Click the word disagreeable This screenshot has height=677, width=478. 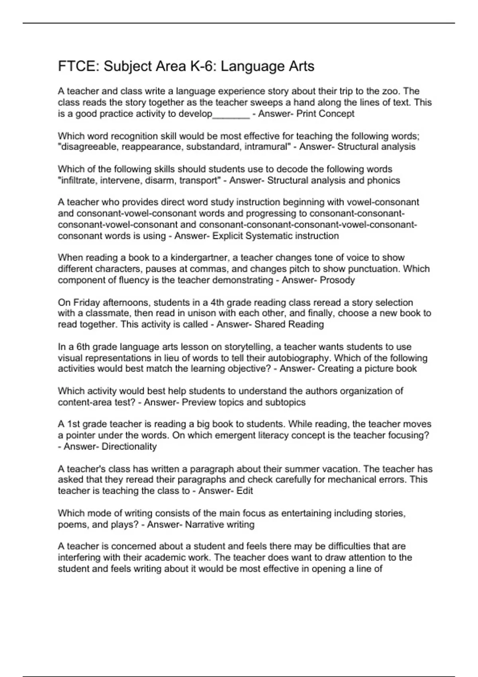[x=88, y=147]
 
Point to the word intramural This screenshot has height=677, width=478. [x=267, y=147]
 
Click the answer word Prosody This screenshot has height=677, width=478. [x=337, y=280]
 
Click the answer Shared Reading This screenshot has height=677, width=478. [x=289, y=324]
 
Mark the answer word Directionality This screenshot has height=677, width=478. [x=129, y=446]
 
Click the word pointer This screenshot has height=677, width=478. [x=80, y=435]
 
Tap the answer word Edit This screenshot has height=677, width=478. [x=245, y=491]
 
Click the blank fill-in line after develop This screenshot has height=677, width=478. [x=231, y=115]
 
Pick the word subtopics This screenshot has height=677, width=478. [x=284, y=402]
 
